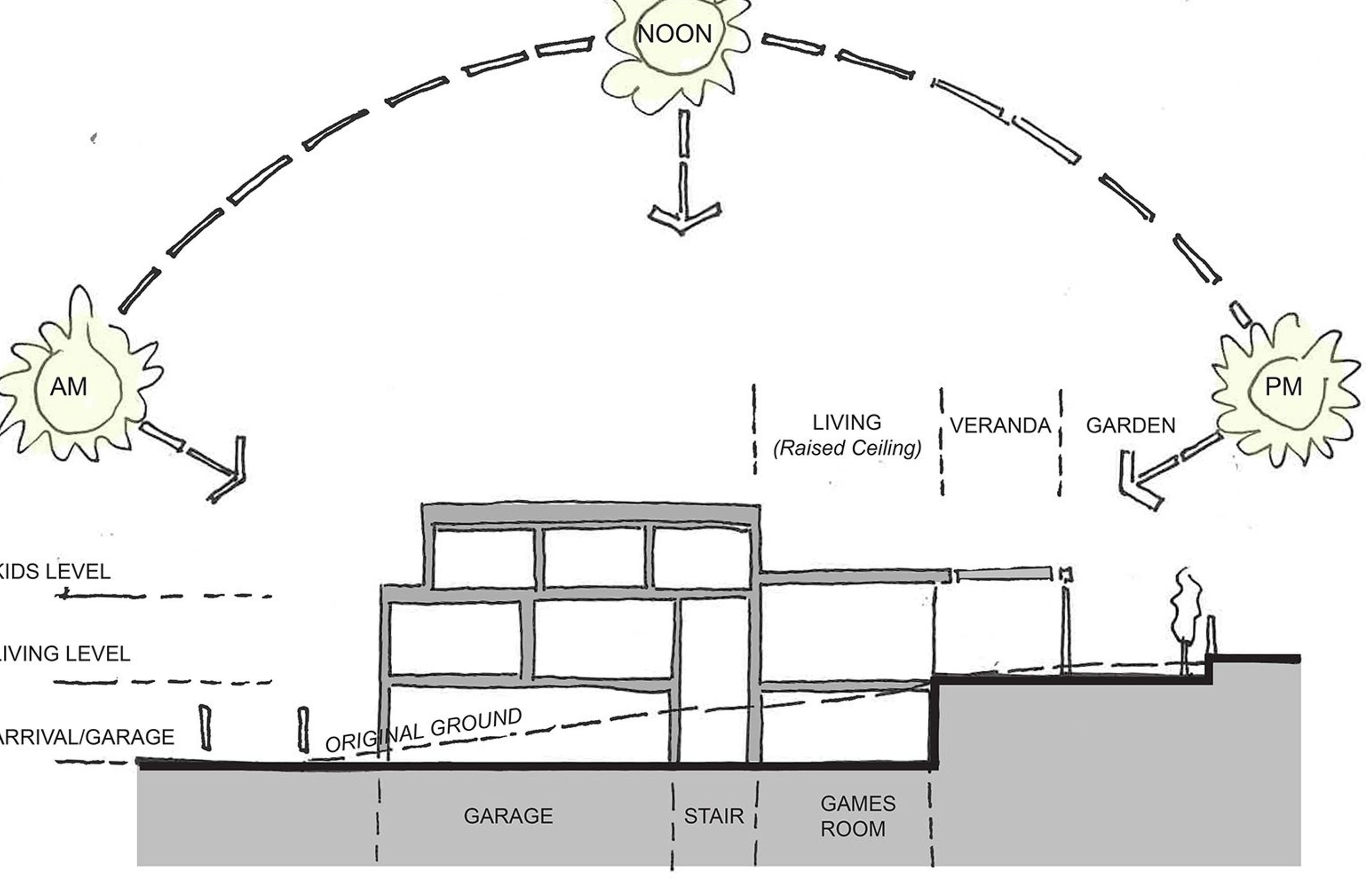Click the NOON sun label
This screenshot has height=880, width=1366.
pyautogui.click(x=674, y=34)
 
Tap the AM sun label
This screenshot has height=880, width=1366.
pyautogui.click(x=69, y=387)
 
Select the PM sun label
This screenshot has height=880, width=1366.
pyautogui.click(x=1283, y=387)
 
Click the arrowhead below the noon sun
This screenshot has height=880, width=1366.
pyautogui.click(x=683, y=216)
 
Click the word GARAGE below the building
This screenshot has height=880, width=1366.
pyautogui.click(x=508, y=816)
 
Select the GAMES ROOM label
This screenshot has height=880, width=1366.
pyautogui.click(x=858, y=816)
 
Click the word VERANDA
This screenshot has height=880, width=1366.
pyautogui.click(x=1000, y=426)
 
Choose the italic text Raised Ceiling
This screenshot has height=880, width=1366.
pyautogui.click(x=847, y=449)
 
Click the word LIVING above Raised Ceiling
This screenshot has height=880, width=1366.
pyautogui.click(x=847, y=423)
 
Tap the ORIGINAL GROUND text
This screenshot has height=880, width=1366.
pyautogui.click(x=424, y=730)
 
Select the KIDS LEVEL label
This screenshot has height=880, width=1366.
pyautogui.click(x=54, y=572)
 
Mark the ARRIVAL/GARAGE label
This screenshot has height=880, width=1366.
pyautogui.click(x=86, y=737)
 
